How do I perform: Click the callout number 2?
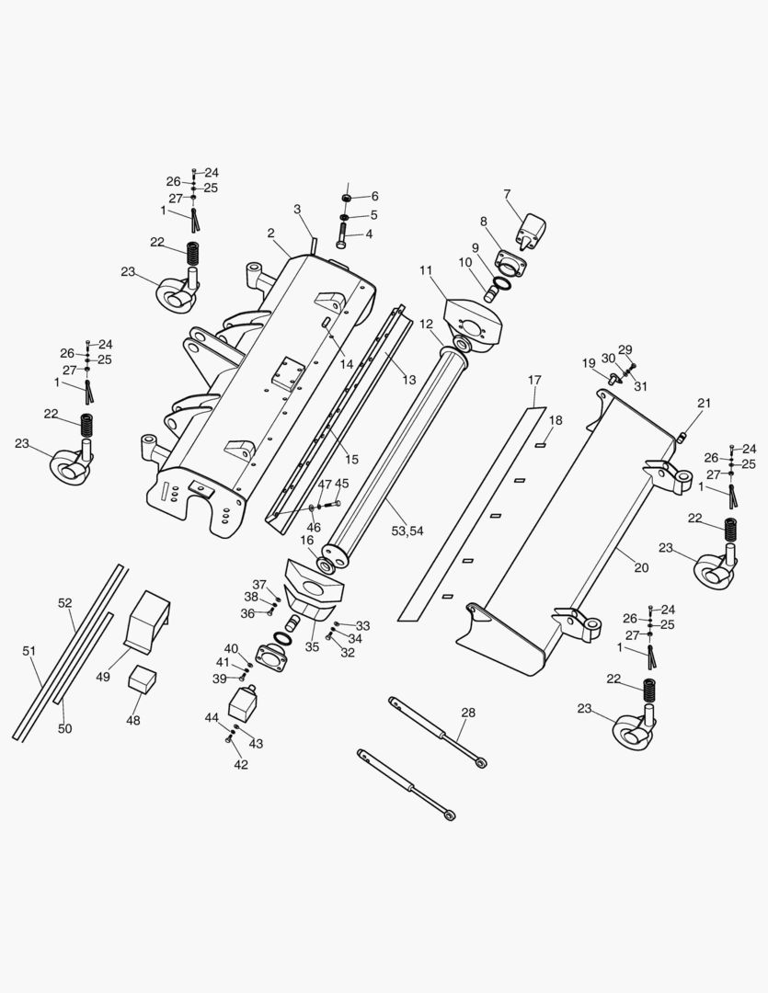[x=271, y=233]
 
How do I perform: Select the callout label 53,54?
[x=407, y=531]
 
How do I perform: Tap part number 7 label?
[x=507, y=194]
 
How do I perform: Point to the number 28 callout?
[x=468, y=713]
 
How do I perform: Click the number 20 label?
[x=641, y=567]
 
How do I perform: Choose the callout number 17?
[x=535, y=380]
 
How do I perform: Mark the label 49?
[x=103, y=677]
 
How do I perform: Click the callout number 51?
[x=29, y=651]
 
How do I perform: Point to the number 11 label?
[x=426, y=269]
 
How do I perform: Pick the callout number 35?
[x=313, y=646]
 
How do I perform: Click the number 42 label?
[x=241, y=764]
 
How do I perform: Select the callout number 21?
[x=705, y=404]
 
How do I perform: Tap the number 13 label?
[x=409, y=380]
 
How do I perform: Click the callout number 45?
[x=341, y=484]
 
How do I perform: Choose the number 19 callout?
[x=589, y=363]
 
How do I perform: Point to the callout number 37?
[x=259, y=585]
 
